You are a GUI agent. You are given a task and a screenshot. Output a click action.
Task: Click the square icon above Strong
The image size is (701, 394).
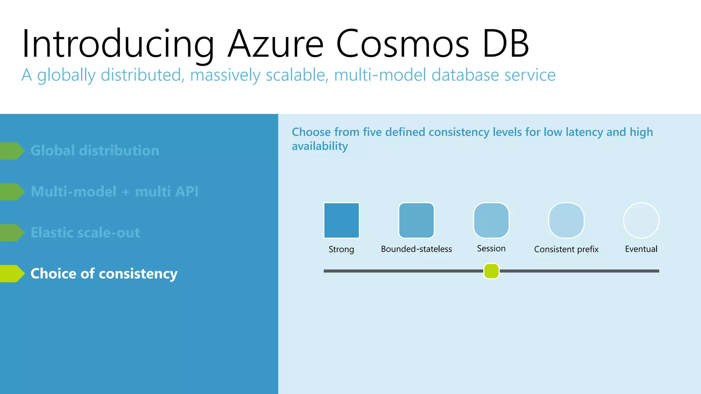(341, 220)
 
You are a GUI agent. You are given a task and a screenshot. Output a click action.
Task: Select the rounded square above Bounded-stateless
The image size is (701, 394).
(416, 220)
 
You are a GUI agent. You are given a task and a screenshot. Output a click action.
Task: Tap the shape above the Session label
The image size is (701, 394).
(491, 220)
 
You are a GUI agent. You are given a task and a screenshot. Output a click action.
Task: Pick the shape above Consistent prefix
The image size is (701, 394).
(566, 220)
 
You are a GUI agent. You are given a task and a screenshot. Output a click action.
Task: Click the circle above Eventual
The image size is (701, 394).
(641, 220)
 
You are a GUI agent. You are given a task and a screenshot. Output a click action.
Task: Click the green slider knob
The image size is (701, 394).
(491, 271)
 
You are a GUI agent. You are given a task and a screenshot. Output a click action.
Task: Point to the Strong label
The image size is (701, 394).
(341, 249)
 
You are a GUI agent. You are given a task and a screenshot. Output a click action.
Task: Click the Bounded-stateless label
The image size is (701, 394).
(416, 249)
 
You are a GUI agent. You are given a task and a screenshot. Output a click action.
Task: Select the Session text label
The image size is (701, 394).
(491, 248)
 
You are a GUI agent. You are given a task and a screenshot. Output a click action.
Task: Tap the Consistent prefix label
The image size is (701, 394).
(566, 249)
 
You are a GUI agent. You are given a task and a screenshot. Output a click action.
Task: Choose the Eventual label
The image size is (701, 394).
(641, 249)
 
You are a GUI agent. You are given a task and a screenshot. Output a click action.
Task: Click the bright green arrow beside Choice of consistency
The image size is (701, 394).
(12, 274)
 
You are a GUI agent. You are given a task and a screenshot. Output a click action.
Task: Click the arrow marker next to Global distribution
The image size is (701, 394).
(12, 151)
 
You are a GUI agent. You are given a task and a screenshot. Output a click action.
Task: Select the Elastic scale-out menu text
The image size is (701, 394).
(85, 233)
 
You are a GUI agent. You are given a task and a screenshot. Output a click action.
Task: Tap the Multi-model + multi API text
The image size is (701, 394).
(114, 192)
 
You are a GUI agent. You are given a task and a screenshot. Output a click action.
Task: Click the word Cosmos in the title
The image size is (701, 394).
(403, 44)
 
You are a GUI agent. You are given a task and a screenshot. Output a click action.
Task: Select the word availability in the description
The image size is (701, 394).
(320, 146)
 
